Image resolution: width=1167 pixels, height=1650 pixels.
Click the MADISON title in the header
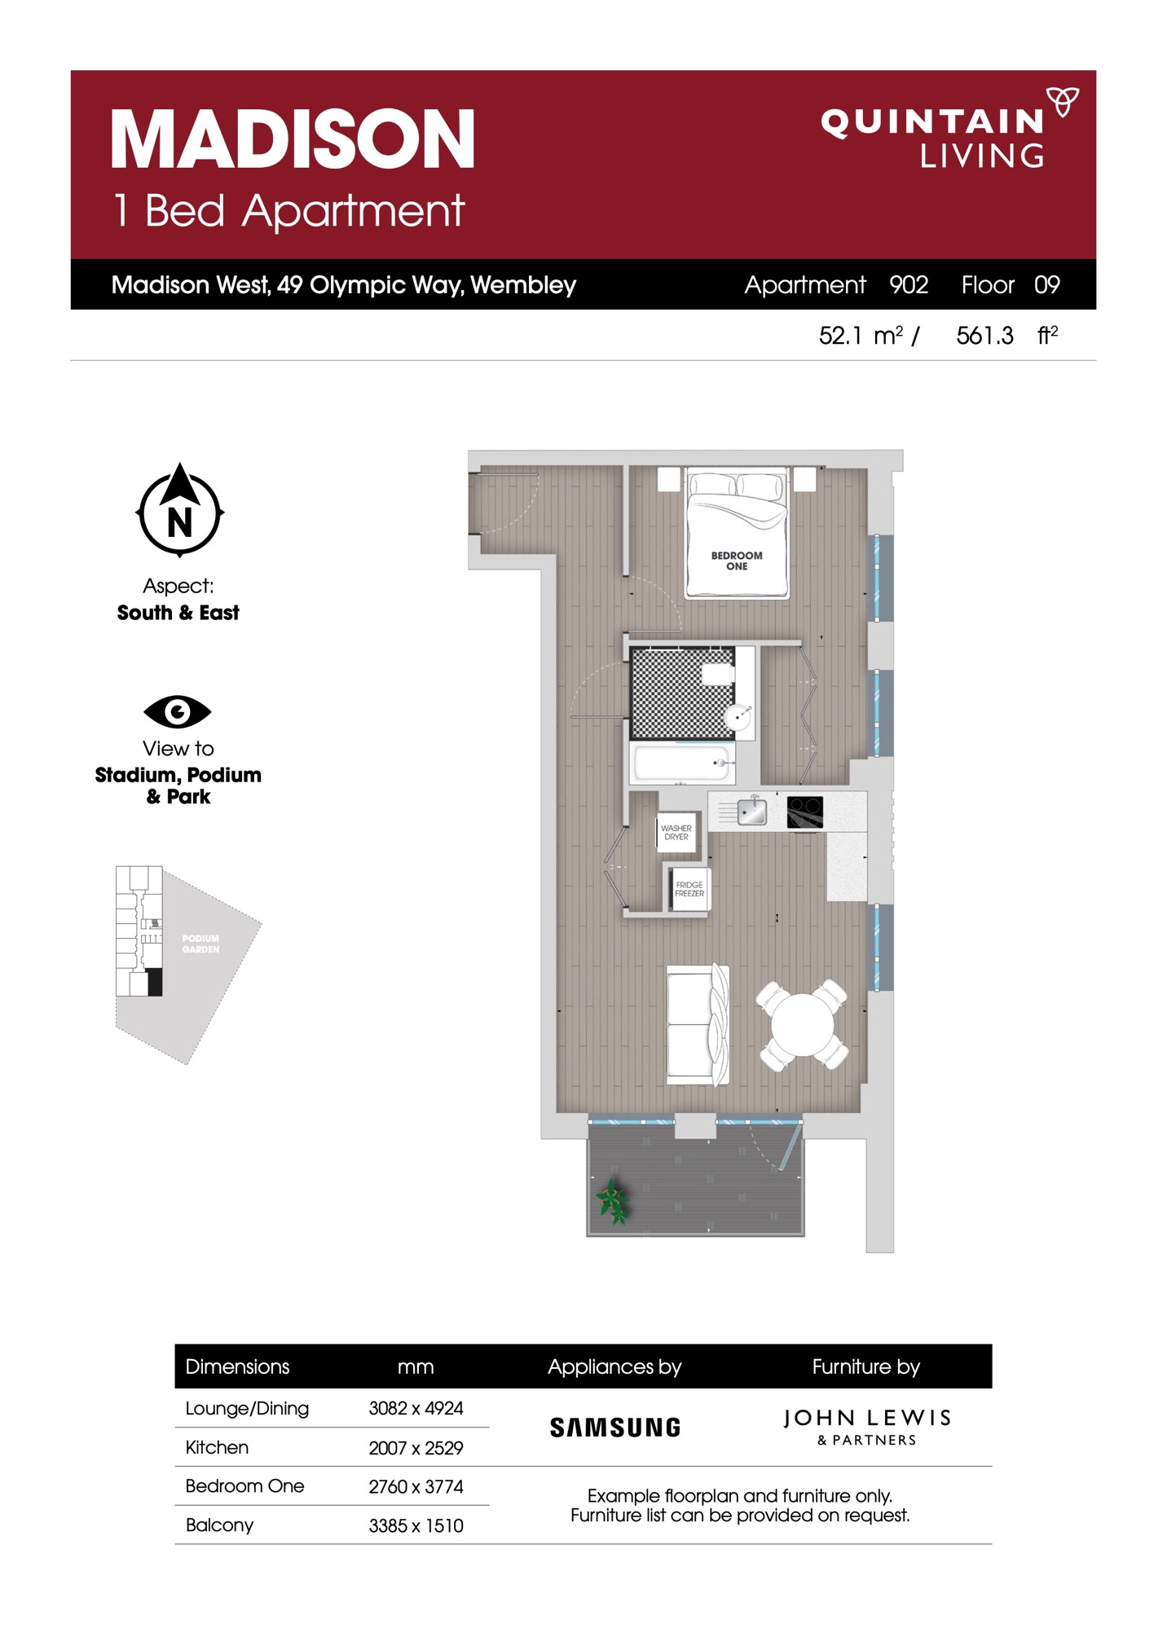click(293, 139)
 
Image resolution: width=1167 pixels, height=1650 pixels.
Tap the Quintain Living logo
click(950, 128)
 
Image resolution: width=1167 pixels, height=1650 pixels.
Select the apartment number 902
click(909, 284)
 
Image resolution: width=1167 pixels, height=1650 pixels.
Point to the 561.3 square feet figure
click(984, 336)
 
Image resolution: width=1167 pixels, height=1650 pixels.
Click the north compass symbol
click(179, 510)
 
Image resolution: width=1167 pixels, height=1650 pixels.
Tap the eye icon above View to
click(178, 711)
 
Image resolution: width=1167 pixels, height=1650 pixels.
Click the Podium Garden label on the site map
click(200, 944)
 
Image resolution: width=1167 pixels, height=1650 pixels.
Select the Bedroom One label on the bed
click(737, 561)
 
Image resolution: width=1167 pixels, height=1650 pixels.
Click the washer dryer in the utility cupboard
click(676, 832)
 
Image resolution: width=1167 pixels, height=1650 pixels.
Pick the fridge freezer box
click(689, 889)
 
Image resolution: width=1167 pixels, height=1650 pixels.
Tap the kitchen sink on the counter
click(751, 811)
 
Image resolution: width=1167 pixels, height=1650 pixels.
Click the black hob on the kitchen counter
click(805, 812)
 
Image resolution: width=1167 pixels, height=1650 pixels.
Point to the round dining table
click(803, 1024)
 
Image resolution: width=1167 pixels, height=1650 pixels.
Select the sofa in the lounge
click(698, 1024)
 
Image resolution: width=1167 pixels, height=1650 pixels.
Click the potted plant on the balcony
click(613, 1201)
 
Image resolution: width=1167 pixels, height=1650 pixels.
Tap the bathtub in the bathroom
click(683, 763)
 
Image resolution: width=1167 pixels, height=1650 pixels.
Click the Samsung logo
click(615, 1427)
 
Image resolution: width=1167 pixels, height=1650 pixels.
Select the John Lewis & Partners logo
click(867, 1427)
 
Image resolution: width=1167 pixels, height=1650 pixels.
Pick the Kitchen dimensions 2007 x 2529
click(416, 1448)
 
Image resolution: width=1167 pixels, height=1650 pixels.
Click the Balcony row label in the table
click(219, 1525)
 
